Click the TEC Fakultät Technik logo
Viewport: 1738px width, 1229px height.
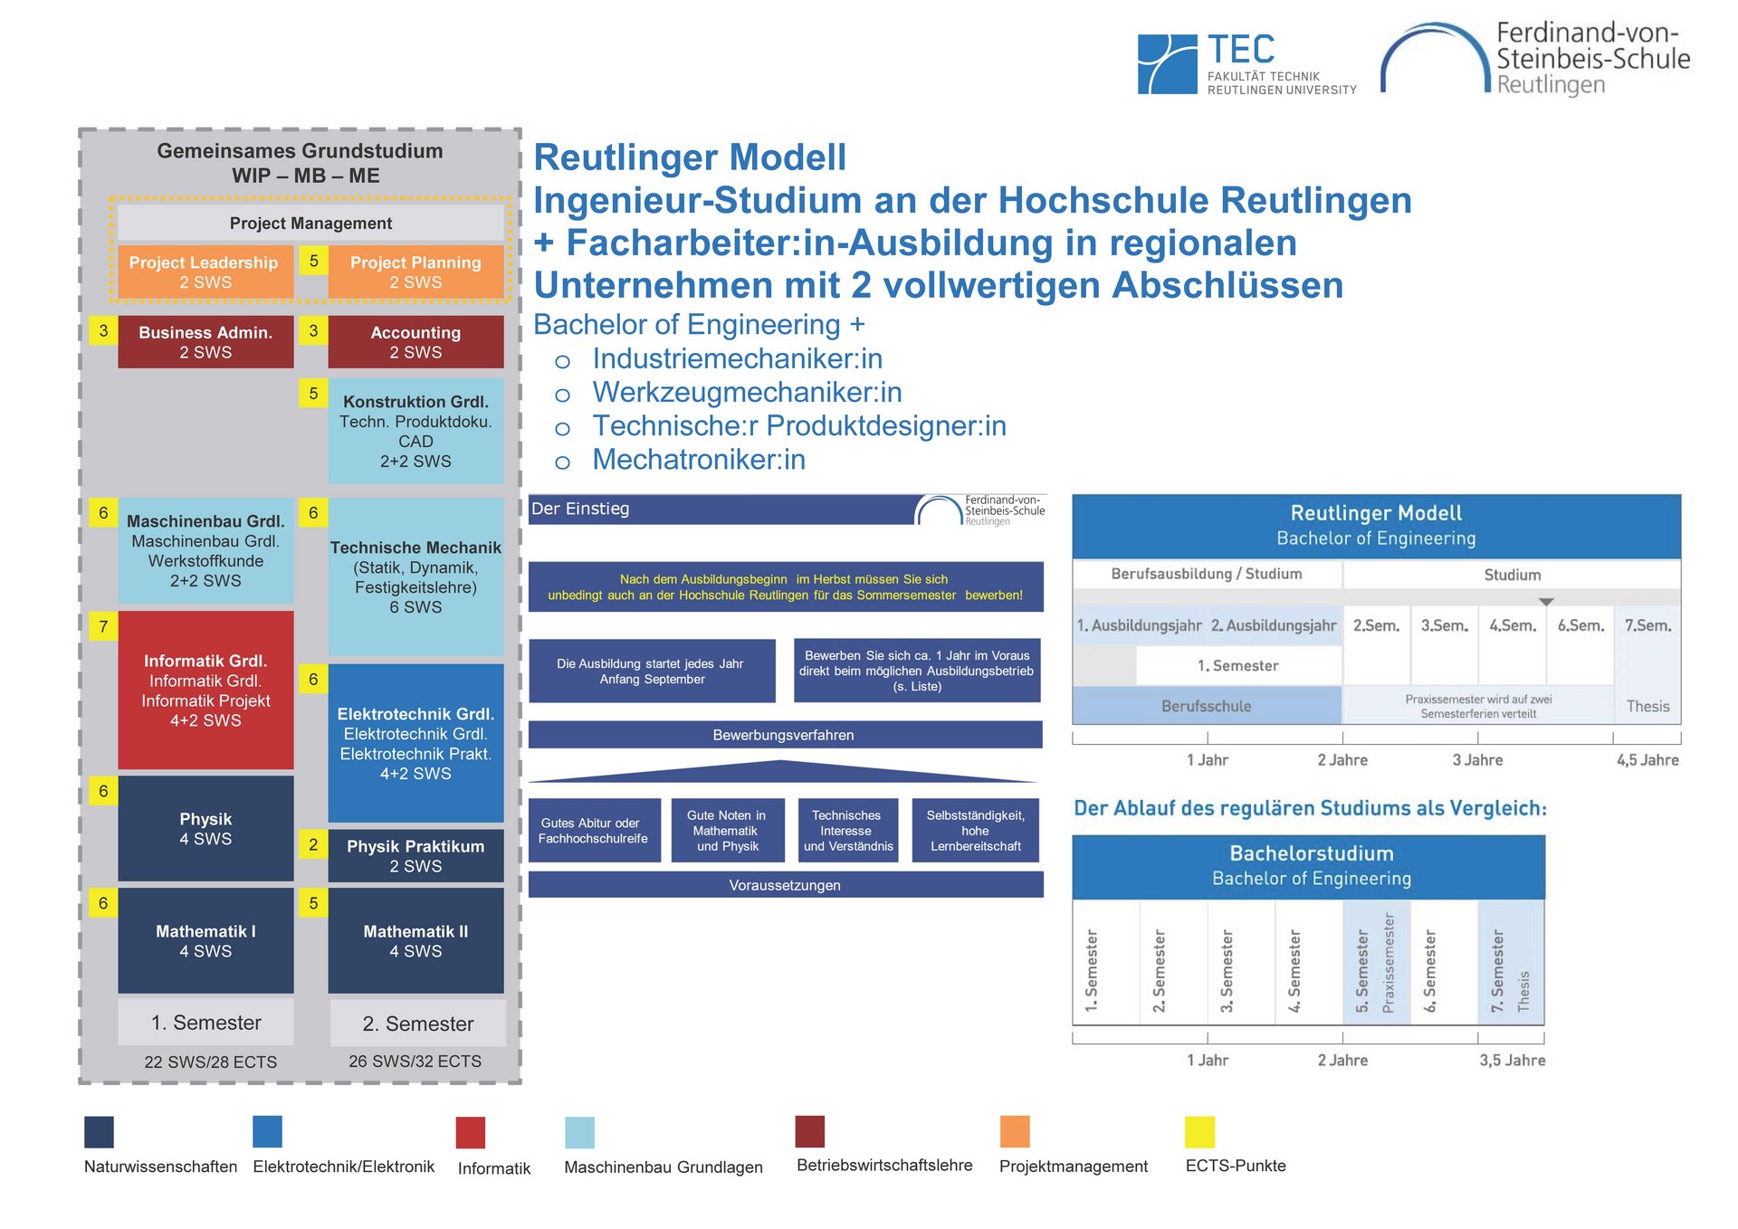(1246, 63)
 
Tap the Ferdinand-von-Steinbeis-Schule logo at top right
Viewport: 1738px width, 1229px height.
(1535, 60)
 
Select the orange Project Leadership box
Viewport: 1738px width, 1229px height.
(205, 272)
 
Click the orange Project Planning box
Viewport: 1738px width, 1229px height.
(415, 272)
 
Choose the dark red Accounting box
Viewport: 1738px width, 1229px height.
(415, 342)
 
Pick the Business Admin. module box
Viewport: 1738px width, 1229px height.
(205, 342)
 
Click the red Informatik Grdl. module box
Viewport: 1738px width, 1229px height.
(205, 690)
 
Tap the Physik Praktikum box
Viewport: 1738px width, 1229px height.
(415, 855)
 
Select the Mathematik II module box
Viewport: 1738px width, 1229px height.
(415, 940)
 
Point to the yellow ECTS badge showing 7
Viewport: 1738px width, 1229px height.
(103, 626)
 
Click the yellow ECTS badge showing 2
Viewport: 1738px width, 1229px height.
(313, 844)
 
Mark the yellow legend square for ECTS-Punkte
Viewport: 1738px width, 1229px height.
(1199, 1132)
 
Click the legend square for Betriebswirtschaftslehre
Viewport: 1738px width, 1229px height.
(810, 1131)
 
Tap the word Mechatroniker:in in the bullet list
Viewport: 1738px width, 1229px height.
(699, 460)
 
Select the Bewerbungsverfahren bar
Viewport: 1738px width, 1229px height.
(784, 735)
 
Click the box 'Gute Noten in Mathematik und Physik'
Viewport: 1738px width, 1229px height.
(726, 830)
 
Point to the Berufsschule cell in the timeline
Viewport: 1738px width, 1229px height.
(1206, 706)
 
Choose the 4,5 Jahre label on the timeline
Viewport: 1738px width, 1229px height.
(1647, 760)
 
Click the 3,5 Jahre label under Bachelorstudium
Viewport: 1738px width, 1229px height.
(1512, 1060)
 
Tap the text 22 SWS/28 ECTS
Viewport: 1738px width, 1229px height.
(211, 1062)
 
